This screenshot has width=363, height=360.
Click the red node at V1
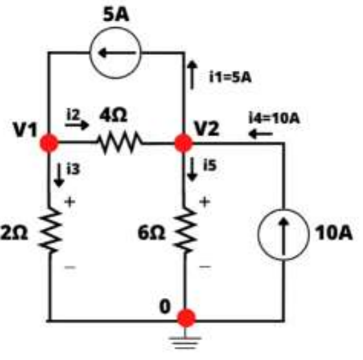(49, 143)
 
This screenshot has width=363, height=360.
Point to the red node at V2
(183, 143)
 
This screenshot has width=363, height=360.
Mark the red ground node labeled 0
(186, 317)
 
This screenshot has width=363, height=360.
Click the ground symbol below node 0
(185, 343)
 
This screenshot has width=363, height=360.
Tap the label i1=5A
(231, 77)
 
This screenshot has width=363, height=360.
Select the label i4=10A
(274, 118)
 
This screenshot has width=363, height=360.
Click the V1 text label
(25, 130)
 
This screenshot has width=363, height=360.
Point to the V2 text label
(207, 128)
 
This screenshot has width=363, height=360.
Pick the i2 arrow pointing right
(77, 125)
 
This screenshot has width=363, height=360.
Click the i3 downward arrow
(59, 175)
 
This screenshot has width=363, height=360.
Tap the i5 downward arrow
(192, 169)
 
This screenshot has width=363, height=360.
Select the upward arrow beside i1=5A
(192, 75)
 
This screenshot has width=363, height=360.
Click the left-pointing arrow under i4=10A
(260, 134)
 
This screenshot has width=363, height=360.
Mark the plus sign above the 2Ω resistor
(70, 202)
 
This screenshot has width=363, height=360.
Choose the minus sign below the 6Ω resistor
(205, 267)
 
